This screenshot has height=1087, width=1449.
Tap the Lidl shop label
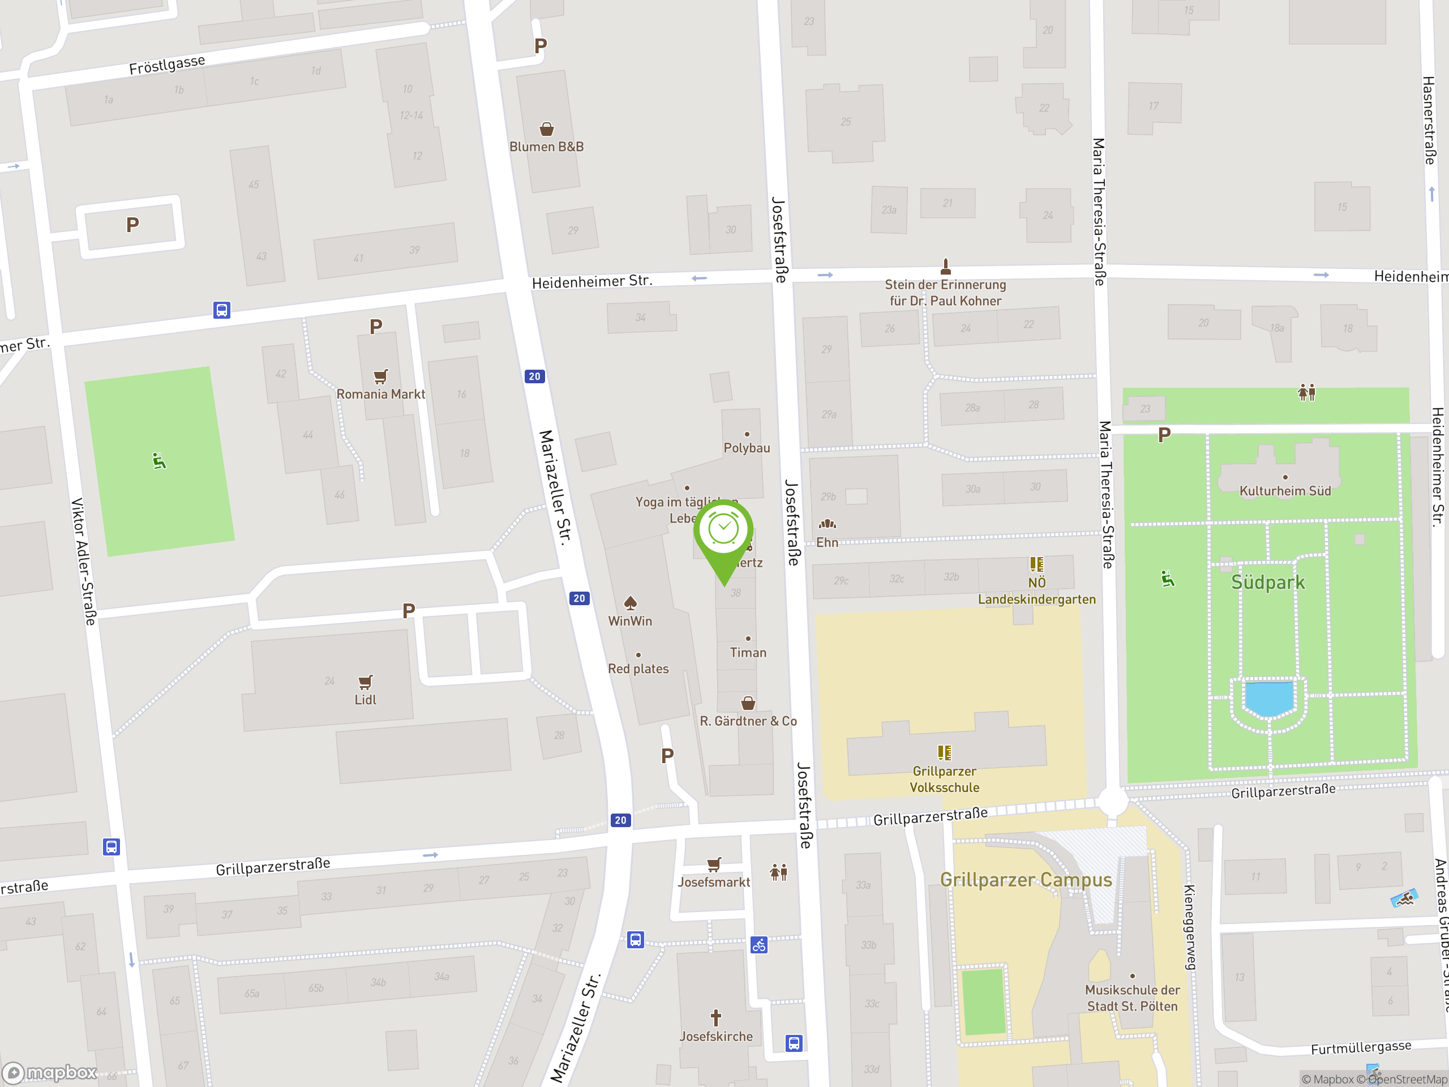[365, 700]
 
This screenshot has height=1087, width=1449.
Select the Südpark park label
[1267, 583]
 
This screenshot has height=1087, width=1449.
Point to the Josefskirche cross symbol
[716, 1017]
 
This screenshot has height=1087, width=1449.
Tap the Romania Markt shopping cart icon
[380, 376]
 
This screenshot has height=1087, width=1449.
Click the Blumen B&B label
[546, 147]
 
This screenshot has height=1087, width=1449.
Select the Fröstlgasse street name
[167, 65]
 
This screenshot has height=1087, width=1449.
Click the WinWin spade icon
[630, 603]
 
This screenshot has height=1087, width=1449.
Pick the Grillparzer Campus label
[1026, 880]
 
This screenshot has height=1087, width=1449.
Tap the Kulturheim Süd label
[1285, 491]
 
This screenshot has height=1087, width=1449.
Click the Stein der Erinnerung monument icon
[945, 266]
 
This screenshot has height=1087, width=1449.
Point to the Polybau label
[747, 448]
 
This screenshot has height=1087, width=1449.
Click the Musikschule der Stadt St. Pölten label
[1132, 998]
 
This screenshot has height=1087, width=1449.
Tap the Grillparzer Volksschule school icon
[944, 752]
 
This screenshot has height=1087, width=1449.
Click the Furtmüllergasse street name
[1361, 1048]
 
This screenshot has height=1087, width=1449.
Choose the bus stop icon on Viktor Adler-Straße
[112, 846]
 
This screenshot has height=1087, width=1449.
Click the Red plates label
[638, 669]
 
